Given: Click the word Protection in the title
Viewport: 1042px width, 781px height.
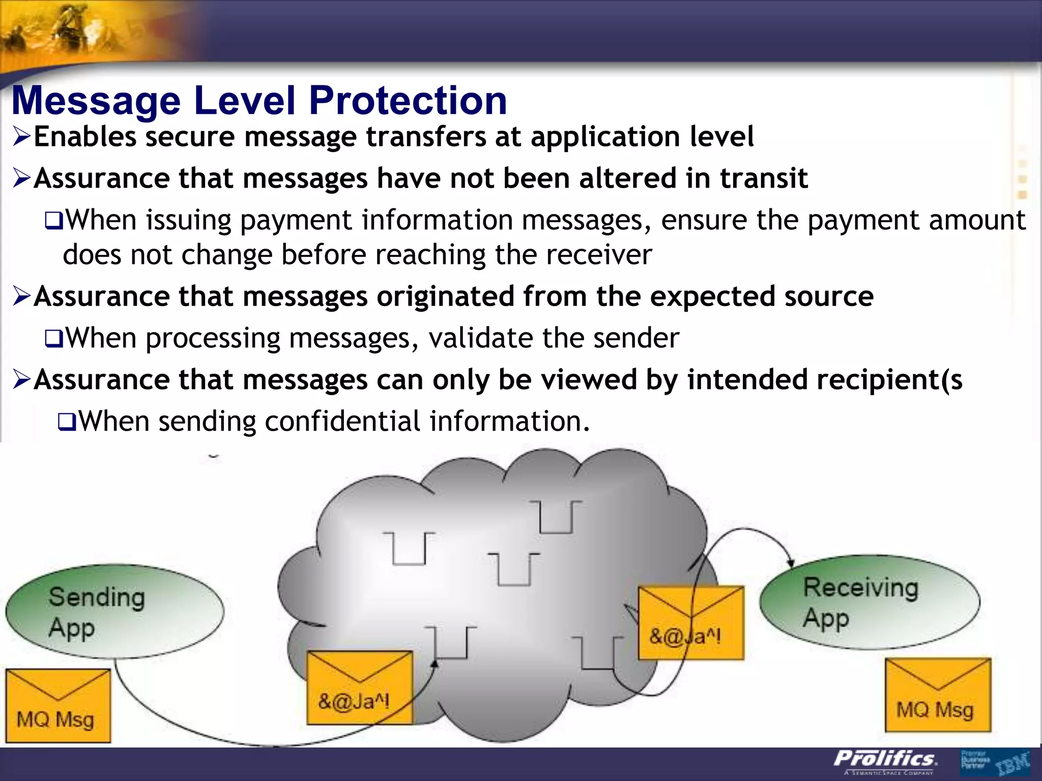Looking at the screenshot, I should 408,100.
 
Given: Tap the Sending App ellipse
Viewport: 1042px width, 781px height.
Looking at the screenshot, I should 115,612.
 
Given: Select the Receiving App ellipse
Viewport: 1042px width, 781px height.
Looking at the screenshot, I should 870,603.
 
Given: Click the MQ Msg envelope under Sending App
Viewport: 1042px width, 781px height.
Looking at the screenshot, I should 58,706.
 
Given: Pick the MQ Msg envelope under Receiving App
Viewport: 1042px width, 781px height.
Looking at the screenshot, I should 938,695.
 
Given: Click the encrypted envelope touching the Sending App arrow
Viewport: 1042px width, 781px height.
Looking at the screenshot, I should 359,687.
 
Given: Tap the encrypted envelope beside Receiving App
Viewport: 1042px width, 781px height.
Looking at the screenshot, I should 690,623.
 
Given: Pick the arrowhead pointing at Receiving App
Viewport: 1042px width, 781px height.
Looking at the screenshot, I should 791,562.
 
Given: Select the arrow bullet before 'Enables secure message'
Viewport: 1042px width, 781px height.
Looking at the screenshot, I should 22,137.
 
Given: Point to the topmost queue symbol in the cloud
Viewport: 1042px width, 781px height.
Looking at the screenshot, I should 556,517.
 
